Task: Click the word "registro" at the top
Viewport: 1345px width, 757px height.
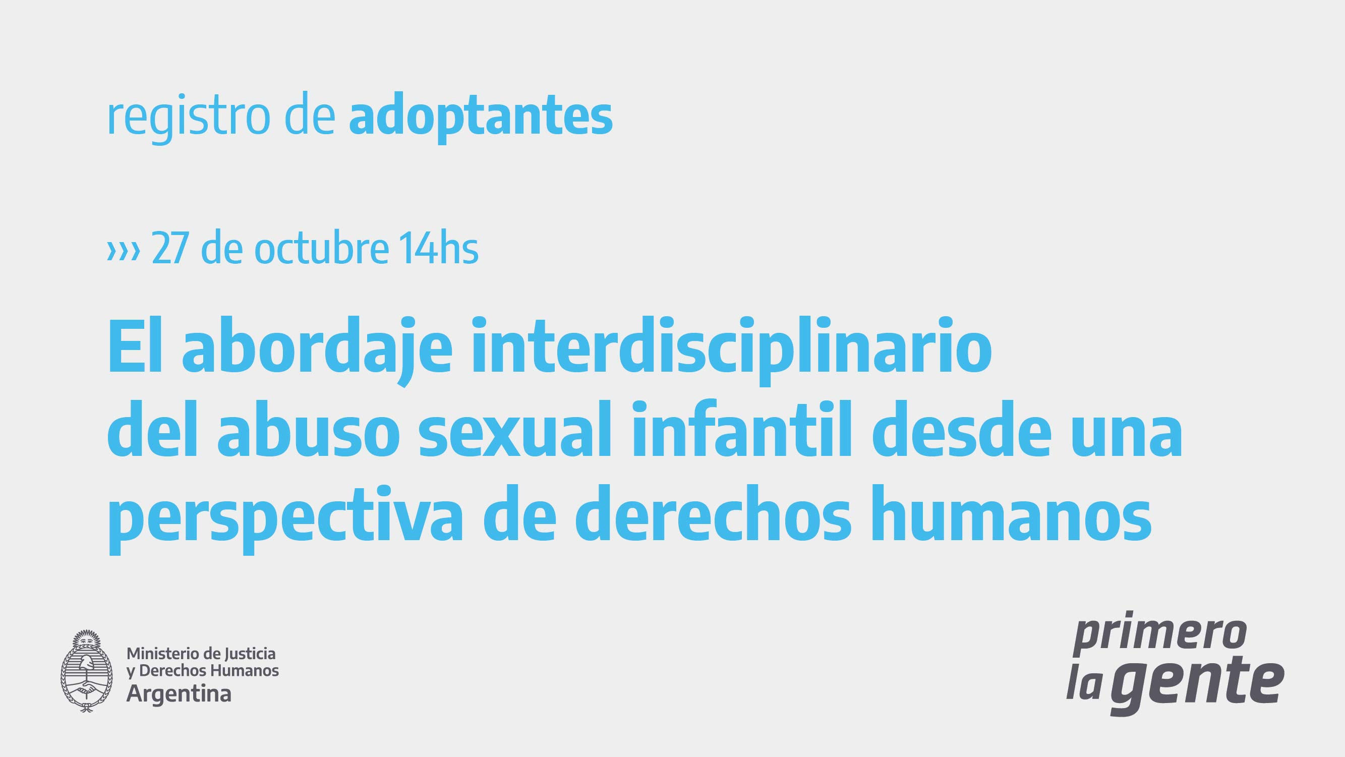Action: pos(189,118)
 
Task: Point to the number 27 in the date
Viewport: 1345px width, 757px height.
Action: pos(169,248)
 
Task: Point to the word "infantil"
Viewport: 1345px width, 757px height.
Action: pos(742,428)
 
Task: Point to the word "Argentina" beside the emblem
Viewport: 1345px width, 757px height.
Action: pos(179,694)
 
